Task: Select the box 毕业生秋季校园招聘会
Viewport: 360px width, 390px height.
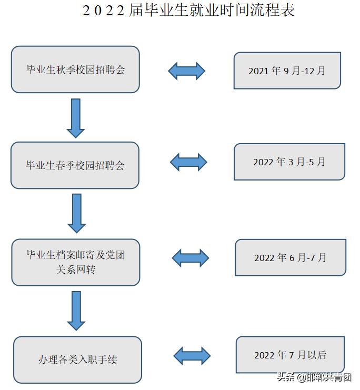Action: (x=75, y=69)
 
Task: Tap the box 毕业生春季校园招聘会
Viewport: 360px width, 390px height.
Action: (x=75, y=165)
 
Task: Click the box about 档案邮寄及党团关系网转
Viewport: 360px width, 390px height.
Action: (x=75, y=262)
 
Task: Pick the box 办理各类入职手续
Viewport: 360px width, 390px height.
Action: (x=77, y=359)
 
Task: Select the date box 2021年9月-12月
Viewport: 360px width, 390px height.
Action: (x=287, y=71)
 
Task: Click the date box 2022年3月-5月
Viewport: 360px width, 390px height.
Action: (x=289, y=162)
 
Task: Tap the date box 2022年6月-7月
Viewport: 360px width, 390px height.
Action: (x=291, y=257)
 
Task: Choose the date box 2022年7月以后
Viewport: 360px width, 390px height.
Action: (x=291, y=355)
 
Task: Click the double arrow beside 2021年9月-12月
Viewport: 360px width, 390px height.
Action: (x=186, y=71)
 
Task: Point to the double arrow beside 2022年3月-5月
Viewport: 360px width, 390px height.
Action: (x=188, y=162)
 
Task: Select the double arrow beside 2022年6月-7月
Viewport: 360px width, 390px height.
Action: (x=191, y=258)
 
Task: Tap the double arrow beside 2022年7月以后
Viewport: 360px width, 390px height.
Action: (x=192, y=356)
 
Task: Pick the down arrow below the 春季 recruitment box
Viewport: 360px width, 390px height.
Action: (x=77, y=213)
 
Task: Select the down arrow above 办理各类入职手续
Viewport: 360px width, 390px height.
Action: (x=76, y=311)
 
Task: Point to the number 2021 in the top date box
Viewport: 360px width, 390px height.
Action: (x=259, y=71)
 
